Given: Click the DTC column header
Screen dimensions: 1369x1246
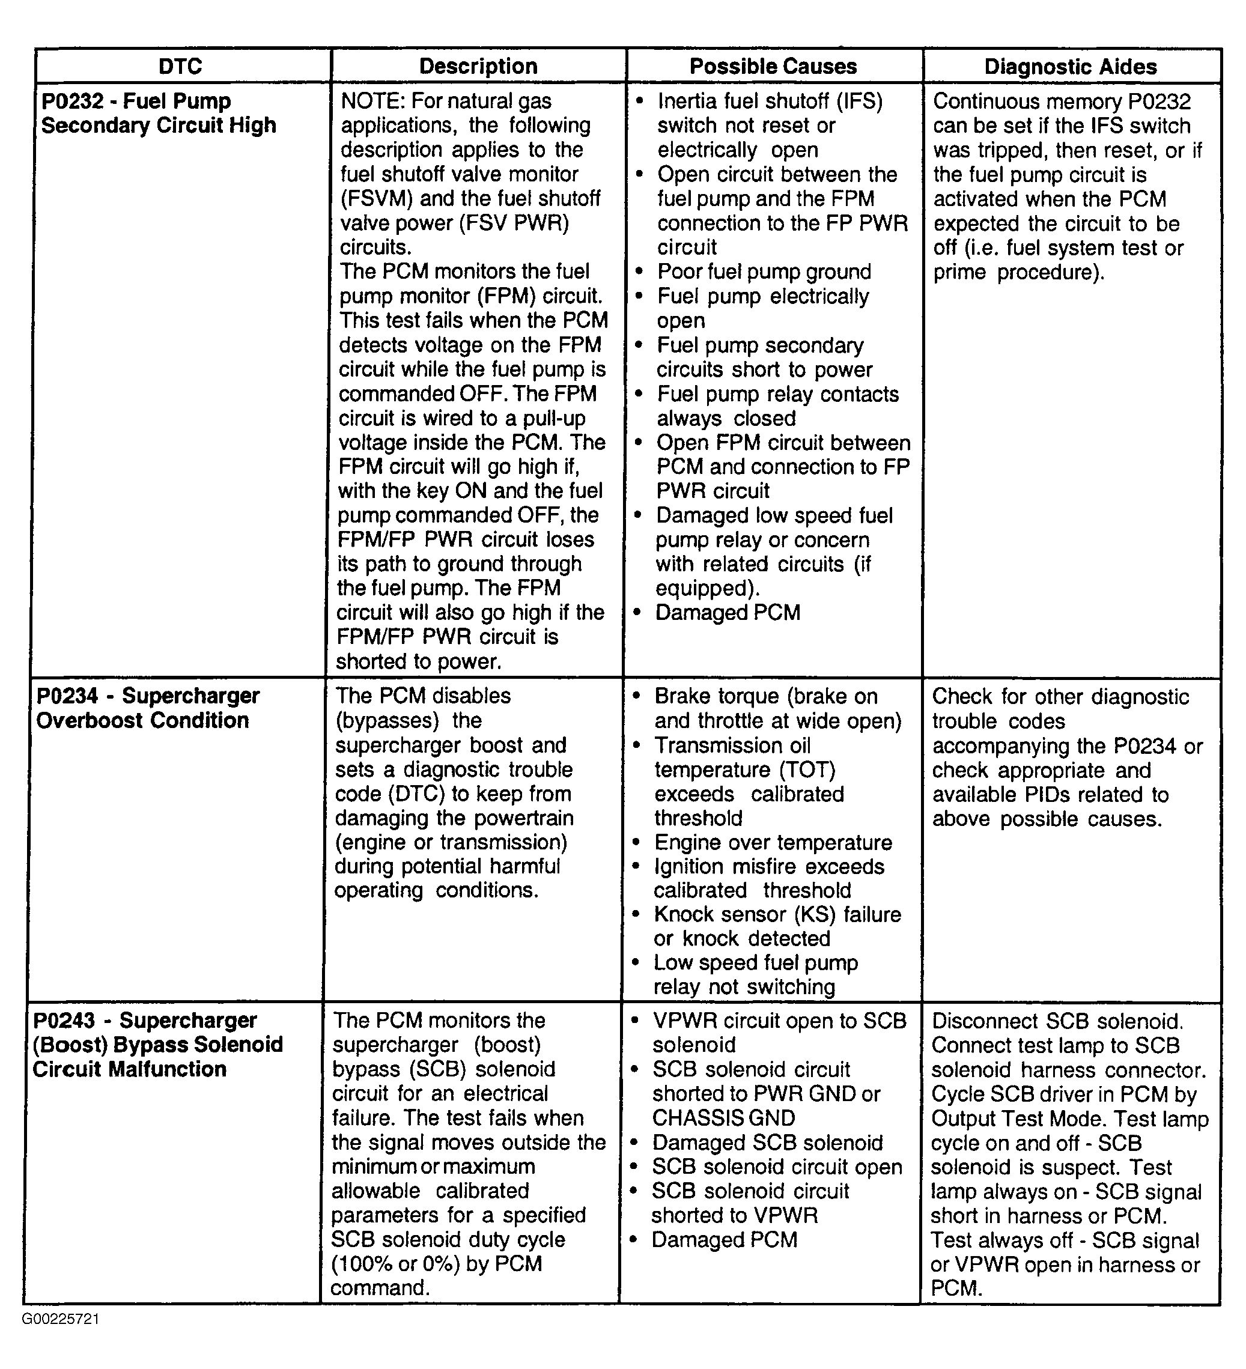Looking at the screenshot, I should point(180,67).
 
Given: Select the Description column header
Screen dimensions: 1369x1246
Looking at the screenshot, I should point(478,67).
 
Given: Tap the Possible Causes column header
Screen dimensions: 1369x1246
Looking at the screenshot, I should point(773,67).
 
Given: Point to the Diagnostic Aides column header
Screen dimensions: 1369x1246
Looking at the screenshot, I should point(1070,67).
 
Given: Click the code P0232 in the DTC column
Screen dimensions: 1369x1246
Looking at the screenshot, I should point(71,101).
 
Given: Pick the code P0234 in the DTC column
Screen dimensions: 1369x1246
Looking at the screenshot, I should point(66,696).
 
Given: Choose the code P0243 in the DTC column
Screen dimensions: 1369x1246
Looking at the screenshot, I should point(63,1021).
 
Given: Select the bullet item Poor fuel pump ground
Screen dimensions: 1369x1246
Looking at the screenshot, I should point(763,272).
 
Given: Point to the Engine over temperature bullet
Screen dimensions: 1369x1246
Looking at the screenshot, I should point(773,843).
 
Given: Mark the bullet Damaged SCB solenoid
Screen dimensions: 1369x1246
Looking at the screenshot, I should point(767,1143).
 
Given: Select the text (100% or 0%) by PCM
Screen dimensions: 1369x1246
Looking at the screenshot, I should point(437,1264).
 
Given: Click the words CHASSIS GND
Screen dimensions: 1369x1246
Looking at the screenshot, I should point(723,1119).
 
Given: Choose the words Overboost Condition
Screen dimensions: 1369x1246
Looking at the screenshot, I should point(142,720).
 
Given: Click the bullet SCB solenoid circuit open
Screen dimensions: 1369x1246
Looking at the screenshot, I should point(777,1167).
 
